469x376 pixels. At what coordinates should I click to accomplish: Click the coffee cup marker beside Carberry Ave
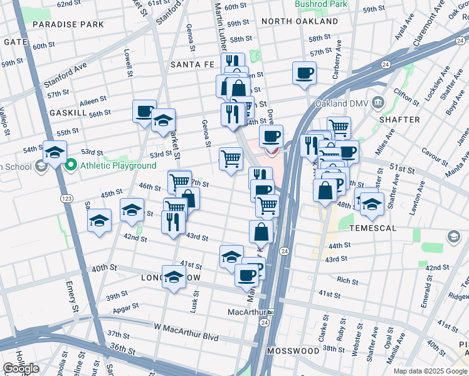click(304, 73)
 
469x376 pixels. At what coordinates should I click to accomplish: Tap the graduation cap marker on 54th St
click(55, 153)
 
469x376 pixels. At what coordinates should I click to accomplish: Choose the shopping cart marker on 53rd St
click(231, 159)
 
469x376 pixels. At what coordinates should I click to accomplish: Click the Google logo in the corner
click(21, 368)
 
